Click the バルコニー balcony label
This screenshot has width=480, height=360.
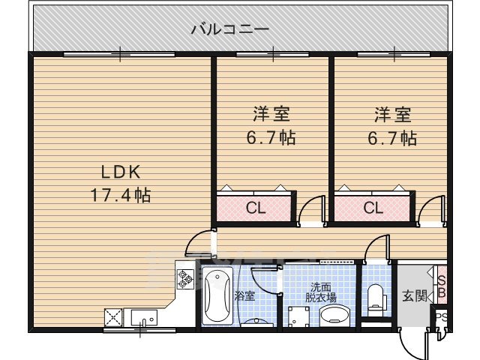229,30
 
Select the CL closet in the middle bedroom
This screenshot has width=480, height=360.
256,208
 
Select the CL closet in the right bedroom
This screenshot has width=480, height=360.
373,208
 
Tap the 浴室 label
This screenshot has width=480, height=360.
245,295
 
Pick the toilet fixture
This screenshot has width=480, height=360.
376,299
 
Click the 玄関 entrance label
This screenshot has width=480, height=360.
414,295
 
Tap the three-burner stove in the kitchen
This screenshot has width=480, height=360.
184,279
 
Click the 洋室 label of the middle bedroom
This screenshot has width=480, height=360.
271,115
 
